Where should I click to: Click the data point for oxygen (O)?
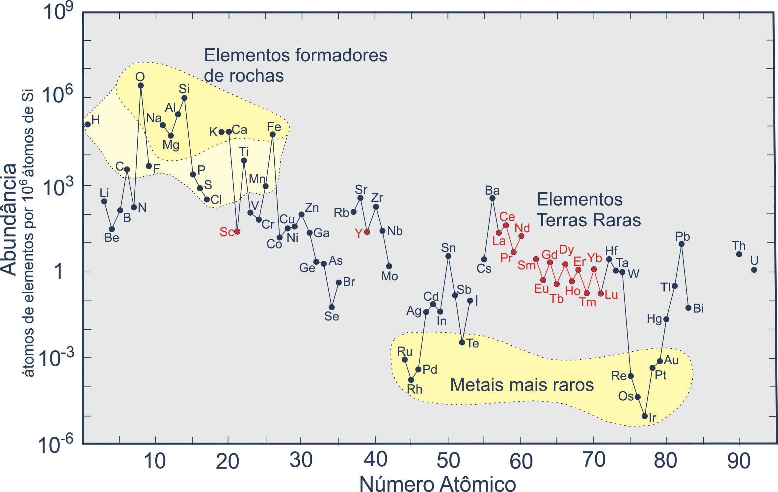click(x=141, y=86)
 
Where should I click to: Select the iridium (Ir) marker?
click(x=645, y=416)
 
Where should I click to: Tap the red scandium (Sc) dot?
click(x=237, y=232)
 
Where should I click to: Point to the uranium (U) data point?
click(x=754, y=270)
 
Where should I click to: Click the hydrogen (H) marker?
click(x=88, y=124)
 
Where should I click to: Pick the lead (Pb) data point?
click(x=682, y=244)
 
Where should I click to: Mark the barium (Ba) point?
click(x=492, y=198)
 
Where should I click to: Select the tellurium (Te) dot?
click(x=462, y=342)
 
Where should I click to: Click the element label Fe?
click(x=274, y=127)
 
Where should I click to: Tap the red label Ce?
click(x=507, y=217)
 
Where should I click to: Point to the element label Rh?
click(x=415, y=389)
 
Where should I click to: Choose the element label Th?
click(x=739, y=246)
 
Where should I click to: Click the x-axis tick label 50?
click(x=448, y=461)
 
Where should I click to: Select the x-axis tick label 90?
click(x=739, y=461)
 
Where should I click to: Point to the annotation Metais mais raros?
click(x=522, y=385)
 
